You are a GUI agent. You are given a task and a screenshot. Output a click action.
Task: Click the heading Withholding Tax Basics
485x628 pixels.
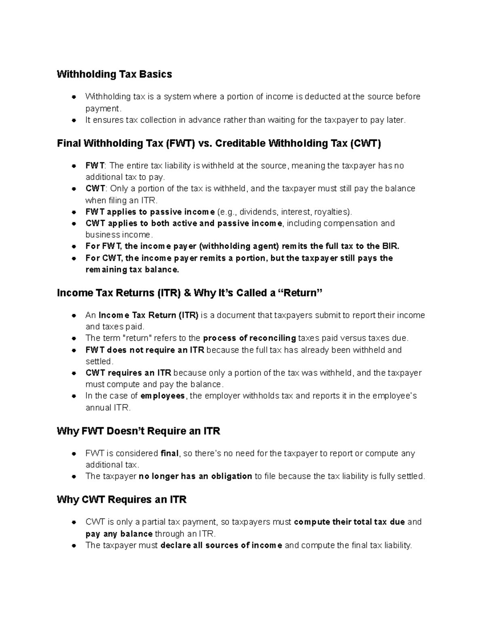tap(114, 74)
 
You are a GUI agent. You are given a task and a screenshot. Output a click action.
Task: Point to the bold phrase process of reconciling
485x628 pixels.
tap(249, 338)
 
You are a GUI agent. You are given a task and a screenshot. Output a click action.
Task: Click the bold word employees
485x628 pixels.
tap(162, 396)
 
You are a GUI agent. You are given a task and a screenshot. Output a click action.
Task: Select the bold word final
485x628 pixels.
tap(169, 454)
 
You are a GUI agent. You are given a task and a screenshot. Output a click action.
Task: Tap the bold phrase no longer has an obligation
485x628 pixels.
tap(195, 476)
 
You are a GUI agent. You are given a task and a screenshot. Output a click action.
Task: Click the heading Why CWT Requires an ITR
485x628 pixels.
tap(122, 500)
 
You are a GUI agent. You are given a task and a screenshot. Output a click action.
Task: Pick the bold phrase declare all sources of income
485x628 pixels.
tap(221, 546)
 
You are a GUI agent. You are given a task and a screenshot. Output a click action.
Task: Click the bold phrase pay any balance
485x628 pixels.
tap(119, 534)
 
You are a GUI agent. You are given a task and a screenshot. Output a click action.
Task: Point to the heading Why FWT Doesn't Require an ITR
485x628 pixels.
tap(139, 431)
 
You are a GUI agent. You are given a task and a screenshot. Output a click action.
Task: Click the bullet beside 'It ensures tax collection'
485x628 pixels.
tap(74, 120)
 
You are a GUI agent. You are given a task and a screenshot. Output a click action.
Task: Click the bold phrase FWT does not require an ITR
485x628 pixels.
tap(145, 350)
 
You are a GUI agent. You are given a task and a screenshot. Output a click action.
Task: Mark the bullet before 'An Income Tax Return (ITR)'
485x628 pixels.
tap(74, 315)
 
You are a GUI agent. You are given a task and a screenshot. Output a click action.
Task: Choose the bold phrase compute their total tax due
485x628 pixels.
tap(349, 522)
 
